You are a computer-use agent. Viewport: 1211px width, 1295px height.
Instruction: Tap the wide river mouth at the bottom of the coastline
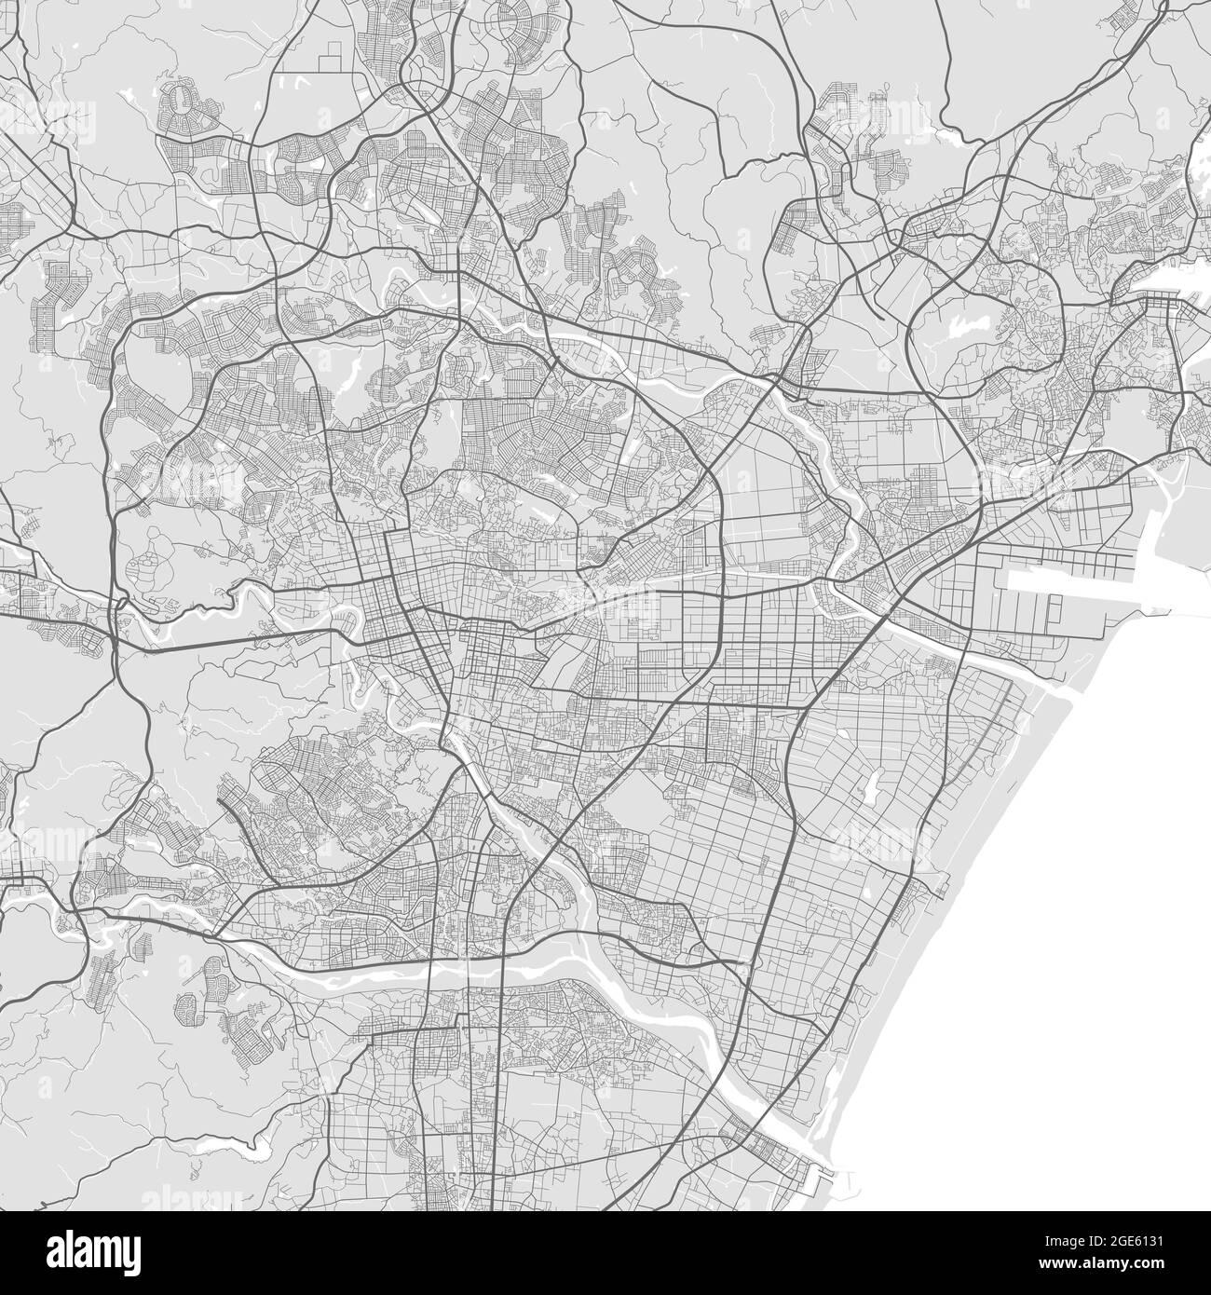[x=801, y=1141]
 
